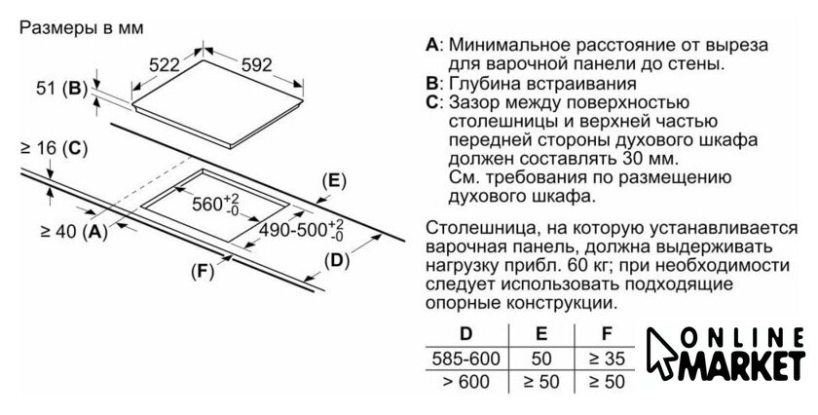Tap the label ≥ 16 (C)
(53, 149)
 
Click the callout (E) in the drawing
(334, 181)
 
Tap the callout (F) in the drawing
(202, 272)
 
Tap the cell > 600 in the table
(465, 382)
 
